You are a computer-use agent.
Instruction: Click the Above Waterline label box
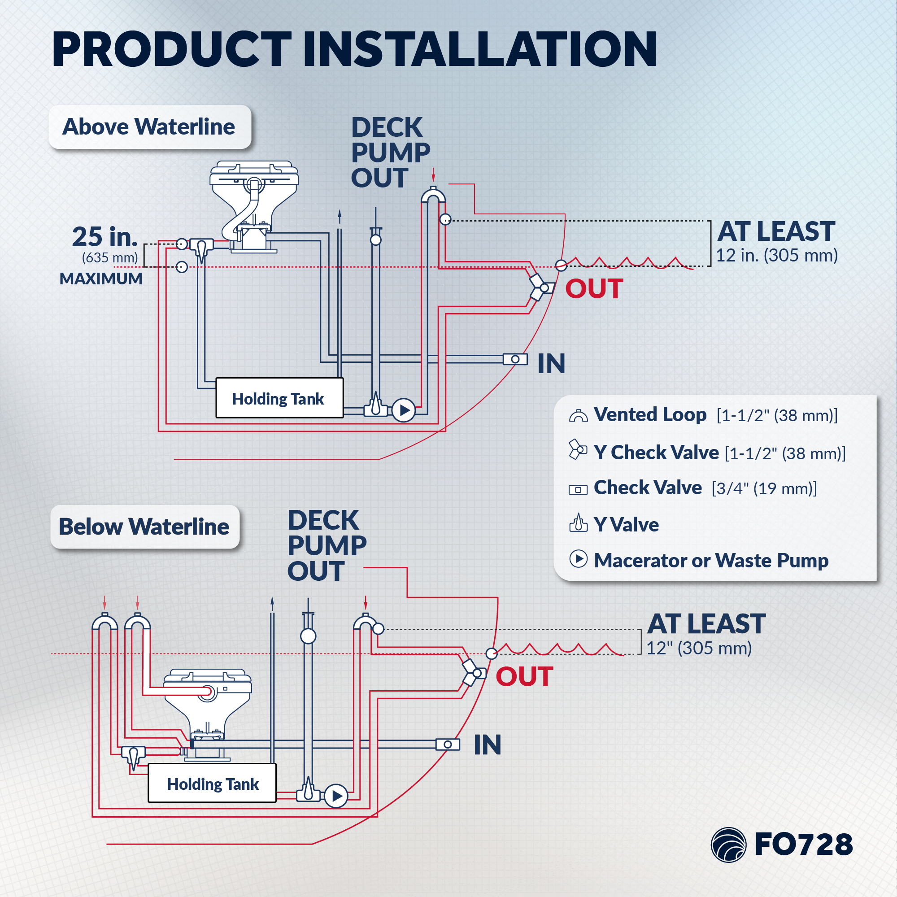[150, 127]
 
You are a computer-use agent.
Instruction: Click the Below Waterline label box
[145, 527]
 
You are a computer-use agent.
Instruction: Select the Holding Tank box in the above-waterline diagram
[279, 398]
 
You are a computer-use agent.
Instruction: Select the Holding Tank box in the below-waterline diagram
[212, 783]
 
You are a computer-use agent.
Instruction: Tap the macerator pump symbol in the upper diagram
[404, 410]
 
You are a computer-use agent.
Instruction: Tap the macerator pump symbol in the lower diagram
[336, 796]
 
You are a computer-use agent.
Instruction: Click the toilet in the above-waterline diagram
[253, 207]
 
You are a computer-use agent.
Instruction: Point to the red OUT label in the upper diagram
[594, 289]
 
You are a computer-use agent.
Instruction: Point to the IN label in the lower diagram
[488, 745]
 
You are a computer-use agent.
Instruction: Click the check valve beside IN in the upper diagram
[515, 359]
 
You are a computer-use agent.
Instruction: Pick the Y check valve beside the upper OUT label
[541, 287]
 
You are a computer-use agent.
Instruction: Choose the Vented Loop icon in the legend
[579, 416]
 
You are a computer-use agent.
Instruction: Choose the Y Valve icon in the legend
[579, 523]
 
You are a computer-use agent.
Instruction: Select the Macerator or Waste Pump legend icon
[579, 559]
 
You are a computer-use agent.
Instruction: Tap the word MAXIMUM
[101, 279]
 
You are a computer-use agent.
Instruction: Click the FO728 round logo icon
[728, 845]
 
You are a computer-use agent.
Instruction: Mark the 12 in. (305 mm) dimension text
[777, 255]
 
